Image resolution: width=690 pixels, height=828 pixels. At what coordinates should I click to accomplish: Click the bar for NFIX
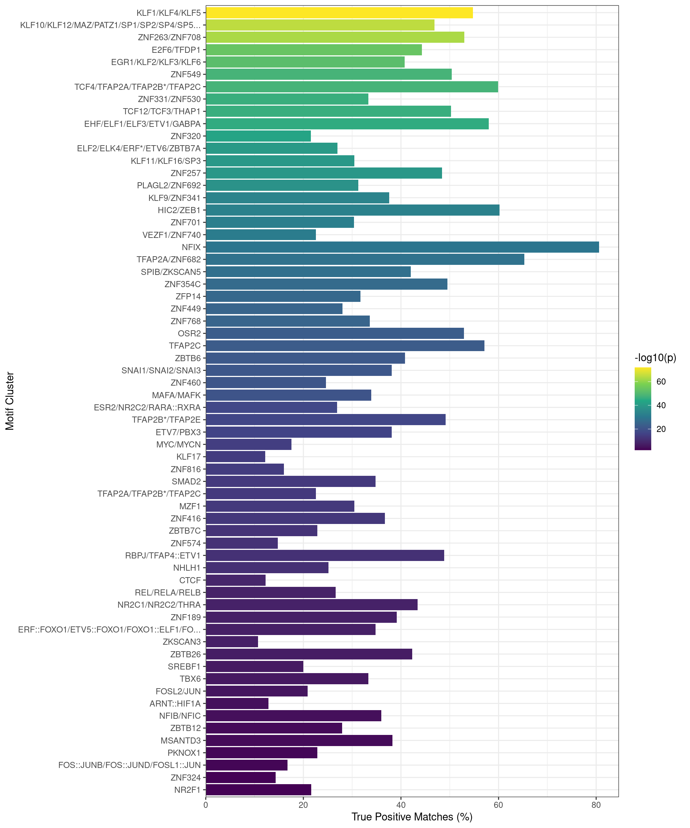402,247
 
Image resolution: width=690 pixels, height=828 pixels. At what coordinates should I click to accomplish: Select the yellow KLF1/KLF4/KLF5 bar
339,13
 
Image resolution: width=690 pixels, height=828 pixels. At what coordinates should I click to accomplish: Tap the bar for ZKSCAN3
232,641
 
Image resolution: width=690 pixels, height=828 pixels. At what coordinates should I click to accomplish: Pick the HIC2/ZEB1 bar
353,210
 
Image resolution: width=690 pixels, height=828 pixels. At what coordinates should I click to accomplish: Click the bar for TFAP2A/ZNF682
365,259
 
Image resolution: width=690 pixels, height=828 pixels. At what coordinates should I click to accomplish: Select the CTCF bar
235,580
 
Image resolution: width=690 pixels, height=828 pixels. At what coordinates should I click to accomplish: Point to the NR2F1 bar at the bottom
258,790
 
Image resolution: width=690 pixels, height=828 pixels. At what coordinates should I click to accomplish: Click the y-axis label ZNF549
185,74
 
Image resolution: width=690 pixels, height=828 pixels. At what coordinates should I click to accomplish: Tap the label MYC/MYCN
178,444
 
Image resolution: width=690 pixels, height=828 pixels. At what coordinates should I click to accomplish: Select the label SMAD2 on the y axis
186,482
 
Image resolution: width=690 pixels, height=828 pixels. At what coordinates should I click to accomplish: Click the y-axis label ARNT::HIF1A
175,703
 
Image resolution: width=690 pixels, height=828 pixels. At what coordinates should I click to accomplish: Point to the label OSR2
189,333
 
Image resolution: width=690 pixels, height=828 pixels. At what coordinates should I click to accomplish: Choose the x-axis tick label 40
401,805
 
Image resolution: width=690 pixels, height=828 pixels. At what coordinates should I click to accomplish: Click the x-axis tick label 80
596,805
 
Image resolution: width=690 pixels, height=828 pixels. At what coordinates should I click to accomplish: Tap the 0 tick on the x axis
206,805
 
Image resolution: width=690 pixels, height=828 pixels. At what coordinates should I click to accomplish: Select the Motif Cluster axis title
10,401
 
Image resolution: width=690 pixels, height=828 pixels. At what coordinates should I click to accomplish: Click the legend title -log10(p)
655,358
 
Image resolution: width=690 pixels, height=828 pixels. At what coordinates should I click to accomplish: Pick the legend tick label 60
661,382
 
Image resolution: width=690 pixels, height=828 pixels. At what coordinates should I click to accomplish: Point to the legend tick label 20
661,429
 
